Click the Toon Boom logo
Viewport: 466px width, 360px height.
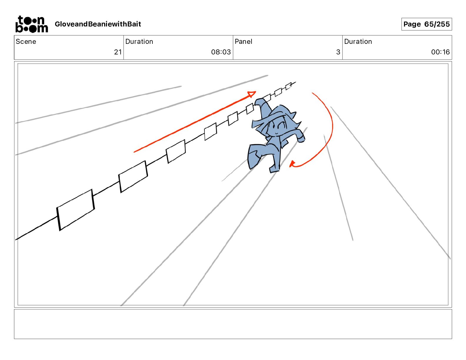click(32, 24)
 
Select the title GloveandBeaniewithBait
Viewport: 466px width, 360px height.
click(98, 24)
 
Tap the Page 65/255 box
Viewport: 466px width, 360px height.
click(426, 24)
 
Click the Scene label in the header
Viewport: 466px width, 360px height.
click(26, 41)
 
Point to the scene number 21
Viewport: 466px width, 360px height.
click(118, 52)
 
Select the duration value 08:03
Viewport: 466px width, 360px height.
click(221, 52)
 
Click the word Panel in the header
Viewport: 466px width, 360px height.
click(243, 41)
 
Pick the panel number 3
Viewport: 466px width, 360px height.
click(338, 52)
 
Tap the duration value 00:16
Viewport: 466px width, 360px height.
click(440, 52)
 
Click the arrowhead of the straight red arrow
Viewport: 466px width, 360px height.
click(252, 94)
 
